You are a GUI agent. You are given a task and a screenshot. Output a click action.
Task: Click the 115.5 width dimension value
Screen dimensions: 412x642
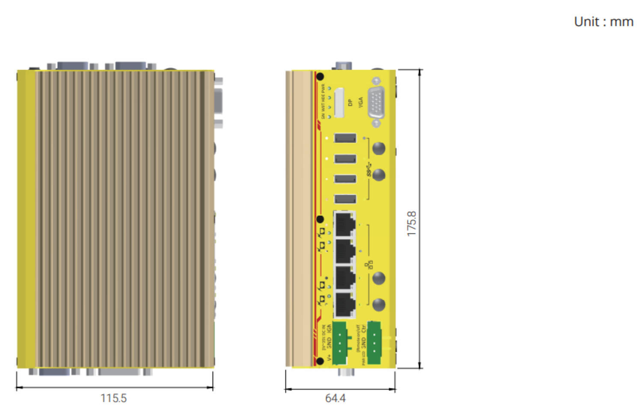(x=113, y=398)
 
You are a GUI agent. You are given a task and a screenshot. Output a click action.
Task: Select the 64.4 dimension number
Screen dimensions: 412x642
(x=335, y=398)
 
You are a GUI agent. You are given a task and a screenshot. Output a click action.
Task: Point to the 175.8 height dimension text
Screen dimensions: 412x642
(x=411, y=224)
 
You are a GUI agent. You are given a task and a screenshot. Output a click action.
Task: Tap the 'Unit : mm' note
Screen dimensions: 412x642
(x=603, y=22)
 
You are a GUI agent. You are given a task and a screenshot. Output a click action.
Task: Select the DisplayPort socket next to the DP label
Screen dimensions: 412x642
(x=339, y=103)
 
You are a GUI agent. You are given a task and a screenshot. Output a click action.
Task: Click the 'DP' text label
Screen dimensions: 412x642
(x=350, y=103)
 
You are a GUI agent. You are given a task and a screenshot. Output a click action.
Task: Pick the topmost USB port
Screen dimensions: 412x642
(x=345, y=138)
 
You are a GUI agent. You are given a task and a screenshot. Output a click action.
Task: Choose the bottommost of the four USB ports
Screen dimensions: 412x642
(x=345, y=199)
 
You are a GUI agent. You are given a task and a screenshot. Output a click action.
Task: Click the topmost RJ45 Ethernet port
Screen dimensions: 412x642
(x=345, y=224)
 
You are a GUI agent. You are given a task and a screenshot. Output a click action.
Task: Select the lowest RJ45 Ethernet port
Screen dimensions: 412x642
(x=345, y=305)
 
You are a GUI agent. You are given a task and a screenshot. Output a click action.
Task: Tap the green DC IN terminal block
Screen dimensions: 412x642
(x=339, y=343)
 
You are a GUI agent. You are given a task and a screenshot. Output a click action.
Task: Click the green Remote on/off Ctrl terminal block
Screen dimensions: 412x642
(x=374, y=343)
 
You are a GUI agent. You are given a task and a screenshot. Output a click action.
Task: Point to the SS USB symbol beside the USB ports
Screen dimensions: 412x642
(x=369, y=170)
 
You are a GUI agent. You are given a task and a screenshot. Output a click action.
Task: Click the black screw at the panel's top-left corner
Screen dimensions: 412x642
(x=320, y=77)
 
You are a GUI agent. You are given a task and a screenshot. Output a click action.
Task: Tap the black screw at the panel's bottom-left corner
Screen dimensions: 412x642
(x=320, y=361)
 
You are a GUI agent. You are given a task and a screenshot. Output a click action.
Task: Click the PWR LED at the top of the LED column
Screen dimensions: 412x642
(x=329, y=88)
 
